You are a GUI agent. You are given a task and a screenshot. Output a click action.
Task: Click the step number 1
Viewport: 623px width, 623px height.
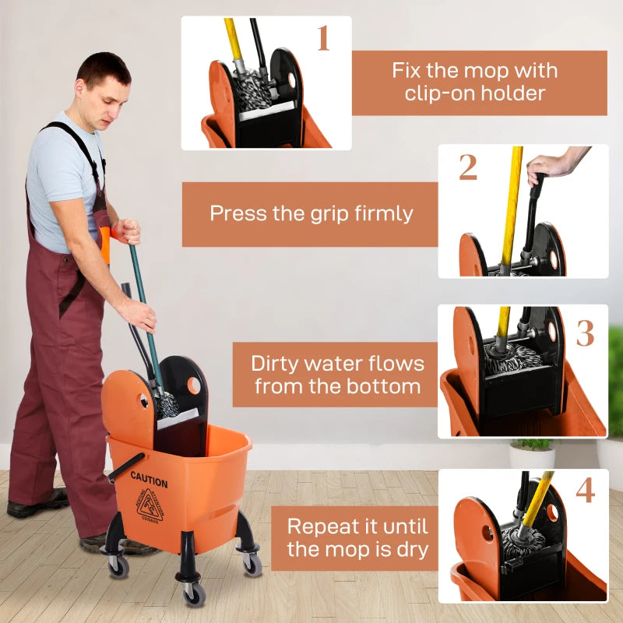[x=322, y=38]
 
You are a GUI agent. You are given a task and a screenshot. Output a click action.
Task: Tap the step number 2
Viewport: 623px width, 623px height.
[x=467, y=167]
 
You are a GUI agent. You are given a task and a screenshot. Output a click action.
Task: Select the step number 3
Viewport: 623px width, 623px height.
[x=585, y=333]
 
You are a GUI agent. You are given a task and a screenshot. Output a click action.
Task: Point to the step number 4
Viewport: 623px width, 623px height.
[x=585, y=490]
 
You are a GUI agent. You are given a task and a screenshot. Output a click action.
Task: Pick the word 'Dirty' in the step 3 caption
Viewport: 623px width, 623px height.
[x=278, y=364]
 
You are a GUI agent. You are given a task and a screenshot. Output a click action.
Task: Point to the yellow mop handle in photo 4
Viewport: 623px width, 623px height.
[x=538, y=498]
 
